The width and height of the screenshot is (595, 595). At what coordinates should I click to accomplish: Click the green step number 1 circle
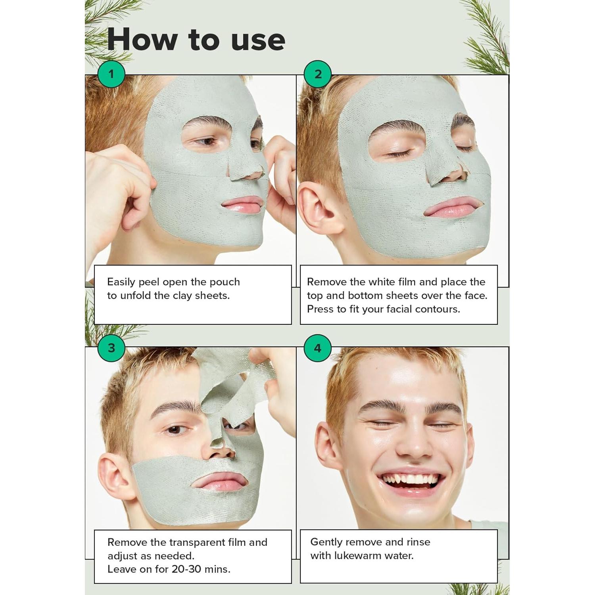coord(111,74)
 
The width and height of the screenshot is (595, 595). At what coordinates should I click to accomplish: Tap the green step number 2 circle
coord(318,74)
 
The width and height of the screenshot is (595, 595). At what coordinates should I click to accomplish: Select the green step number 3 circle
coord(111,348)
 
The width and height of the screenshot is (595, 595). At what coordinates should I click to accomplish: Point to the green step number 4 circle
coord(318,348)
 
